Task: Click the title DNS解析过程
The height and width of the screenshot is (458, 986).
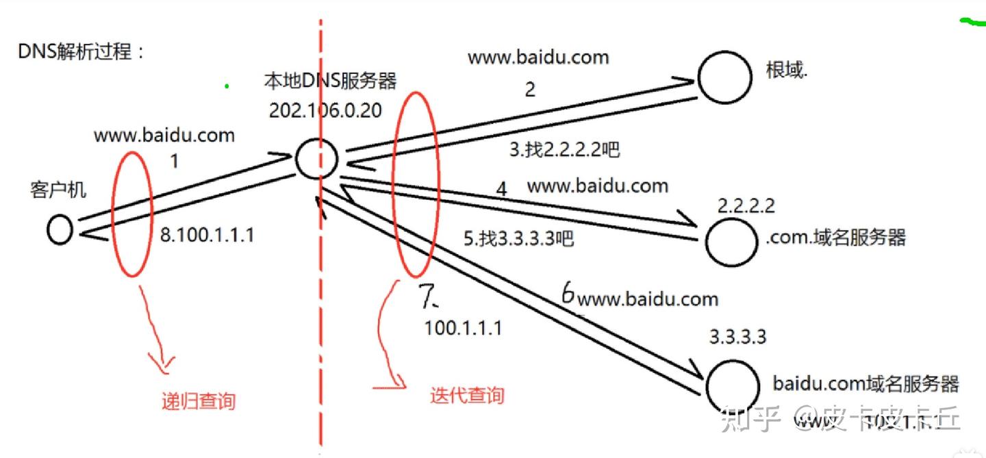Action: (81, 51)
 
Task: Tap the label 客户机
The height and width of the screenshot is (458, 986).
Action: (58, 190)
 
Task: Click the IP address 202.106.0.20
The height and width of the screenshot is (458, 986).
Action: (325, 111)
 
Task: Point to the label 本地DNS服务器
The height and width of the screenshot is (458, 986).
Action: (330, 81)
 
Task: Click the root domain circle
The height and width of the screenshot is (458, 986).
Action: (724, 77)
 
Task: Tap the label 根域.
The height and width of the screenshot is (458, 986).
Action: (787, 70)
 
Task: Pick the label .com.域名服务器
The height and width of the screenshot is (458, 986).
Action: (836, 237)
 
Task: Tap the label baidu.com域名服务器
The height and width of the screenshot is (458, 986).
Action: (865, 383)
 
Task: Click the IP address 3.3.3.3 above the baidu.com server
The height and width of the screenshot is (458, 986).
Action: (737, 337)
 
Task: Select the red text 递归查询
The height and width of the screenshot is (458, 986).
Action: (198, 400)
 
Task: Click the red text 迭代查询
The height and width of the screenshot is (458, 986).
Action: (467, 395)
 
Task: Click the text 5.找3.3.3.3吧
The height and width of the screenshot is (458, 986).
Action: (518, 239)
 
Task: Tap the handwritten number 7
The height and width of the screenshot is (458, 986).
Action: (428, 296)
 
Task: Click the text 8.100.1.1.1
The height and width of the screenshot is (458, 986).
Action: (207, 236)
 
